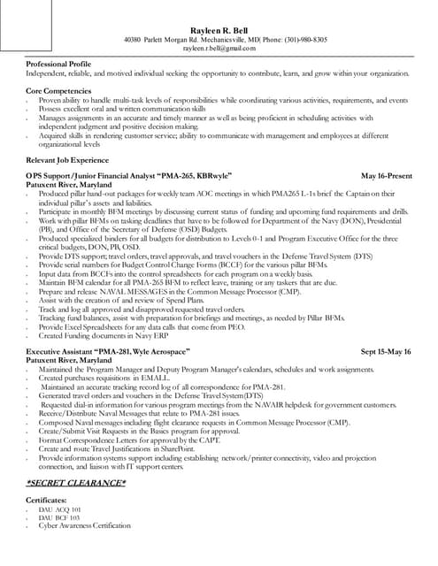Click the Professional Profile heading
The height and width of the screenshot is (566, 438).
(59, 65)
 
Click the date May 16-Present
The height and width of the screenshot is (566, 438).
(387, 176)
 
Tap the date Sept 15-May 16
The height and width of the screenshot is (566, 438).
(386, 351)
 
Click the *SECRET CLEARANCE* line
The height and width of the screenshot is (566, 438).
(75, 482)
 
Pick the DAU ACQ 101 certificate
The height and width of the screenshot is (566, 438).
(59, 510)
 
